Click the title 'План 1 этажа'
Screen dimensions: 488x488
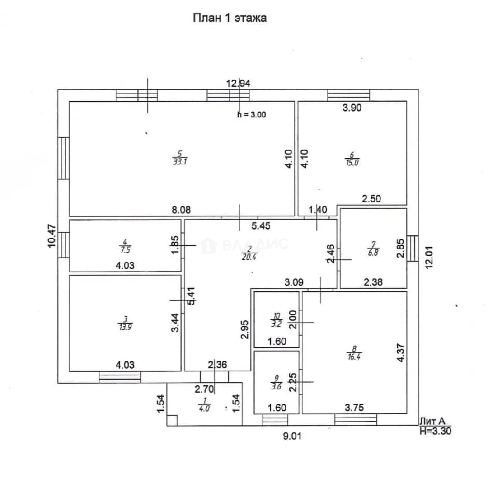click(x=230, y=18)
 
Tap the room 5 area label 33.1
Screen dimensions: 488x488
click(x=180, y=158)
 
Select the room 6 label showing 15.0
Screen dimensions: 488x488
click(x=352, y=159)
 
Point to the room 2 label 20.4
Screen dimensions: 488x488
click(x=249, y=253)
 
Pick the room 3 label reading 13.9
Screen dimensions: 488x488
click(x=125, y=324)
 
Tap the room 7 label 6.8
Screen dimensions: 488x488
click(x=373, y=249)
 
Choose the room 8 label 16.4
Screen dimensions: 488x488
click(x=354, y=353)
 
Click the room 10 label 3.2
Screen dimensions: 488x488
click(x=277, y=320)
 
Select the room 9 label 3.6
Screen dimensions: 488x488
click(x=277, y=383)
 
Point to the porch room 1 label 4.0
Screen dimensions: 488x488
click(x=204, y=404)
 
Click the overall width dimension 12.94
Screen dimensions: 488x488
click(x=238, y=84)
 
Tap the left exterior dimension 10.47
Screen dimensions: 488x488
click(x=52, y=236)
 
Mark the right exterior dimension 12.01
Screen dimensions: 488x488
click(x=429, y=258)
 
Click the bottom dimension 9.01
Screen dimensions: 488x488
click(x=292, y=436)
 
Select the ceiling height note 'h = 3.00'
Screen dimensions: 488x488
click(x=252, y=114)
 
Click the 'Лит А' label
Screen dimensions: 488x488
click(x=432, y=421)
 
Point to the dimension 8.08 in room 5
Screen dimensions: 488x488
click(x=181, y=210)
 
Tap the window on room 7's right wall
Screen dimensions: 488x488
click(x=413, y=249)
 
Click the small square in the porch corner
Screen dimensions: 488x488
click(x=172, y=420)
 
